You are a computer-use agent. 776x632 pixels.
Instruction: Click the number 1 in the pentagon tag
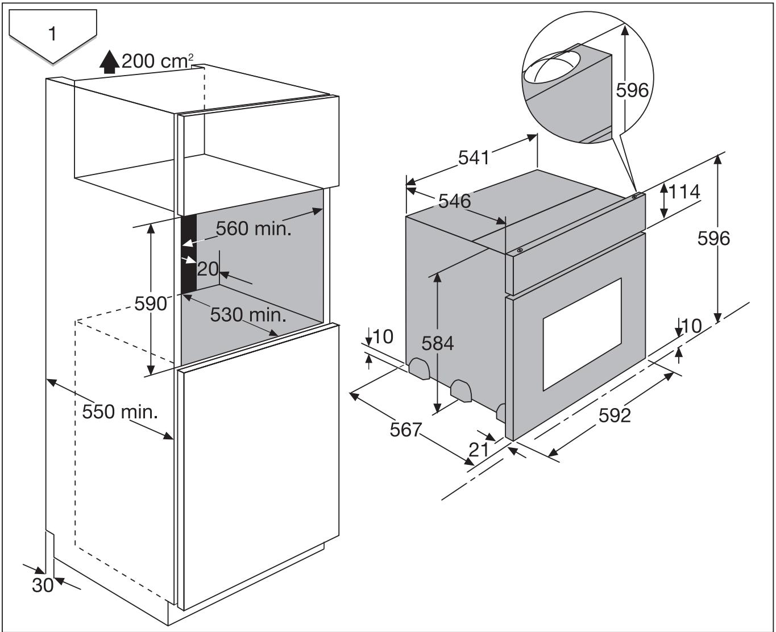pyautogui.click(x=52, y=34)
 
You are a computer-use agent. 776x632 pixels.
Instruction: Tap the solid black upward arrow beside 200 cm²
pyautogui.click(x=109, y=62)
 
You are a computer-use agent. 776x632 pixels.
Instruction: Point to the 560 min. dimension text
pyautogui.click(x=254, y=228)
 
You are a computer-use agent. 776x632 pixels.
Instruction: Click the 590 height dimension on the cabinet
pyautogui.click(x=151, y=303)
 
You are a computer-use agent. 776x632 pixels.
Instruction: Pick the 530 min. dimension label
pyautogui.click(x=248, y=314)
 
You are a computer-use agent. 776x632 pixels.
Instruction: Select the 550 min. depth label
pyautogui.click(x=119, y=411)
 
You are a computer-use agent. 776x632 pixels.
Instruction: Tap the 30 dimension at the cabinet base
pyautogui.click(x=43, y=585)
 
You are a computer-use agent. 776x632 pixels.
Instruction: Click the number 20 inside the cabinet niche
pyautogui.click(x=208, y=268)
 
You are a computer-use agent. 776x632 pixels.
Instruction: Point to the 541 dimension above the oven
pyautogui.click(x=474, y=157)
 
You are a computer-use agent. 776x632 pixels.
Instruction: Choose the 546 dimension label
pyautogui.click(x=454, y=201)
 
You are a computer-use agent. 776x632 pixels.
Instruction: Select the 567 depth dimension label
pyautogui.click(x=406, y=430)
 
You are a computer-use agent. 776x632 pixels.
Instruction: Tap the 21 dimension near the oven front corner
pyautogui.click(x=479, y=450)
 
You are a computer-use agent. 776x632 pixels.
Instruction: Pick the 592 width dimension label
pyautogui.click(x=615, y=415)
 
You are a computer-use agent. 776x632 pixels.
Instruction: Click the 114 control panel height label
pyautogui.click(x=684, y=192)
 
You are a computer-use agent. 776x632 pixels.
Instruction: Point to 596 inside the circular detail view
pyautogui.click(x=632, y=90)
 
